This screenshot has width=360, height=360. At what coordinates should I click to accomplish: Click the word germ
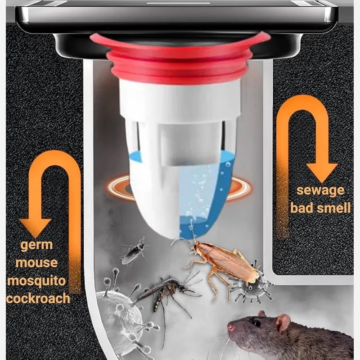(36, 245)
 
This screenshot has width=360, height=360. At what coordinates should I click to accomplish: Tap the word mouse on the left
(36, 262)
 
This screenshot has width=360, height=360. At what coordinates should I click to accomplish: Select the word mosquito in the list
(36, 281)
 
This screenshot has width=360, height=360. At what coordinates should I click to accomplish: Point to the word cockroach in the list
(38, 298)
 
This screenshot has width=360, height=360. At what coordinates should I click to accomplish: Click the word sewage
(320, 191)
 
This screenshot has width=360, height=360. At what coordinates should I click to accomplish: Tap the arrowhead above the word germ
(35, 227)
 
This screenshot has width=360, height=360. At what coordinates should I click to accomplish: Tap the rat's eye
(257, 323)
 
